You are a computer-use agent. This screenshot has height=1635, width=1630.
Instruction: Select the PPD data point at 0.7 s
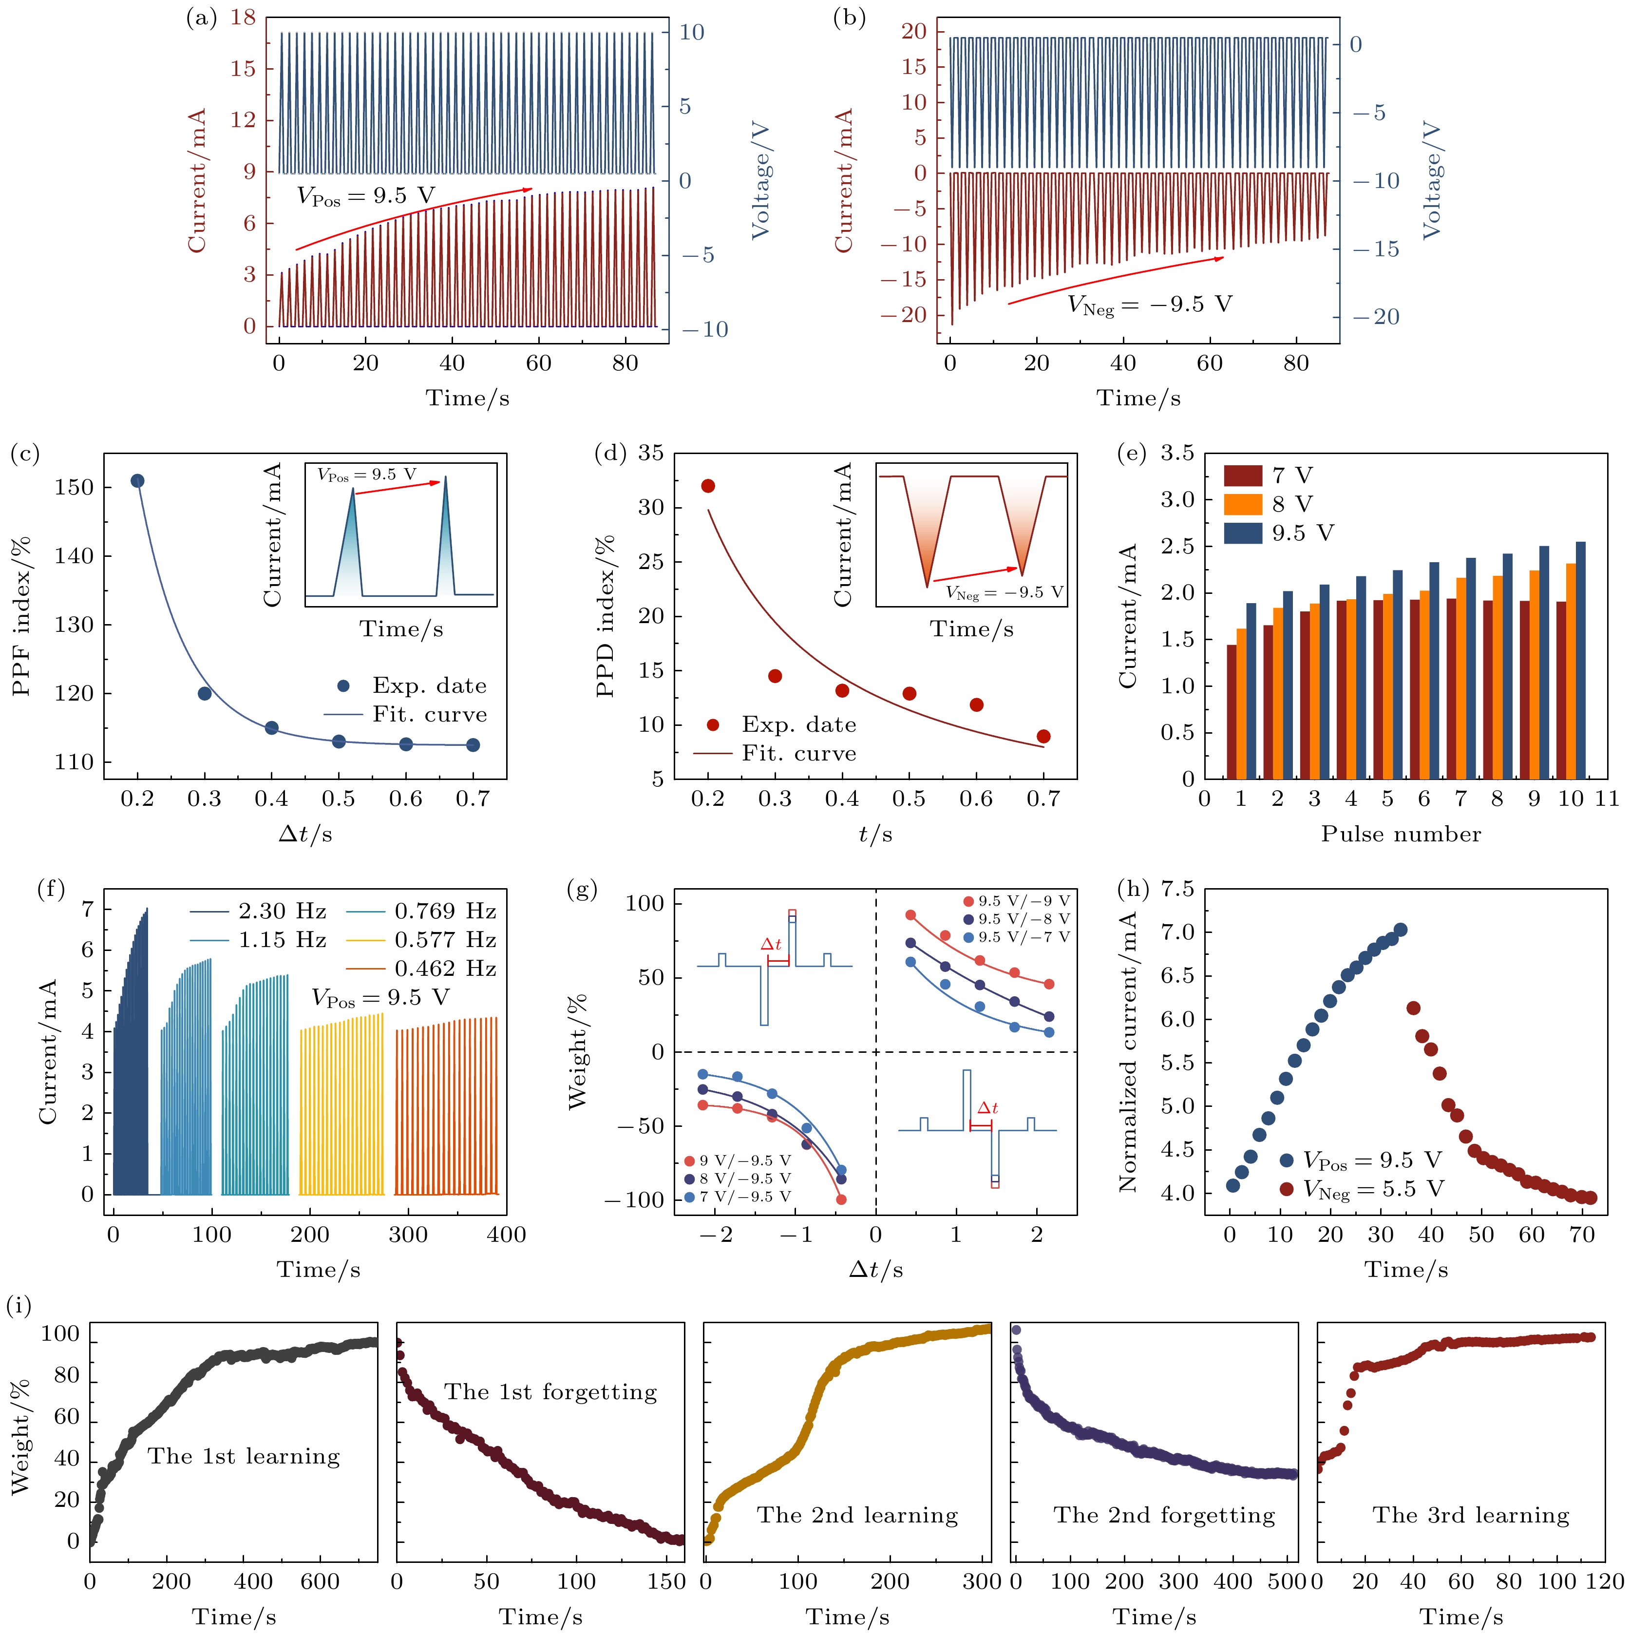(x=1043, y=736)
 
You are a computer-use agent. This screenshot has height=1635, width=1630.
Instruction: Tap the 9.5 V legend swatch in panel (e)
(x=1242, y=533)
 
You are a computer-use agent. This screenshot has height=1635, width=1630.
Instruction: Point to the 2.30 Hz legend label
(x=282, y=912)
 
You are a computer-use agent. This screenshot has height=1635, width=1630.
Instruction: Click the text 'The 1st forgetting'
(x=551, y=1392)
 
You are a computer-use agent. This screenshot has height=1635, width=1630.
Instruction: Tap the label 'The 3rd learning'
(x=1471, y=1515)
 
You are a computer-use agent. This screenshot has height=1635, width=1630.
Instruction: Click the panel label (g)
(x=582, y=890)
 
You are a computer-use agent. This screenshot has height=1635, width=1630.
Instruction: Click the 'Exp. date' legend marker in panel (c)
(x=343, y=685)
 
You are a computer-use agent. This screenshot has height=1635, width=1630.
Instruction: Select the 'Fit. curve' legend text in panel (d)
(x=799, y=753)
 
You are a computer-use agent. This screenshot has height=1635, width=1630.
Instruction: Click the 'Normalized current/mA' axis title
(x=1129, y=1052)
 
